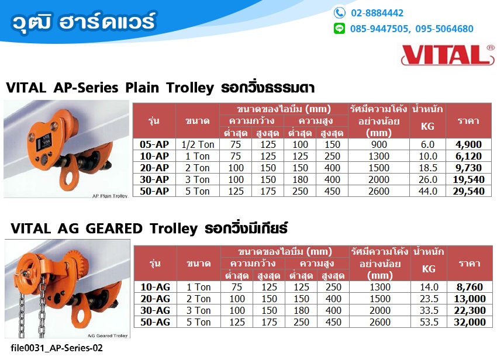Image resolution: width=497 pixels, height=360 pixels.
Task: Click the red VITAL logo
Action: pyautogui.click(x=447, y=55)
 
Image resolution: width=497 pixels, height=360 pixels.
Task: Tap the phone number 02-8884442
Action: pyautogui.click(x=377, y=13)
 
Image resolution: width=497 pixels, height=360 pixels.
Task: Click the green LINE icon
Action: pyautogui.click(x=340, y=29)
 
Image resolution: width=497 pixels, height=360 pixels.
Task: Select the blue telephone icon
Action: pyautogui.click(x=340, y=13)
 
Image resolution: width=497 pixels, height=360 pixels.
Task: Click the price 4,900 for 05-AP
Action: pyautogui.click(x=468, y=144)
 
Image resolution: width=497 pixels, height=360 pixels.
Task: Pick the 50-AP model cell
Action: pyautogui.click(x=154, y=192)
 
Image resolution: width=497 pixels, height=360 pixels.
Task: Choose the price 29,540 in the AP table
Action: pyautogui.click(x=468, y=192)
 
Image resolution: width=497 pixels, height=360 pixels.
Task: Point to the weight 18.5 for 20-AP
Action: pyautogui.click(x=427, y=168)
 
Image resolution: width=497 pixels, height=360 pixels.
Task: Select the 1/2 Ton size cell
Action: pyautogui.click(x=198, y=144)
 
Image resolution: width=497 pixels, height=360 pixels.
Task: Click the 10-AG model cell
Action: pyautogui.click(x=156, y=287)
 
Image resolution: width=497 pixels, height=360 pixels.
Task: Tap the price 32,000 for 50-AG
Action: pyautogui.click(x=470, y=322)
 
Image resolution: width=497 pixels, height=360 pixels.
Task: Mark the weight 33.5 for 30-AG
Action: pyautogui.click(x=429, y=310)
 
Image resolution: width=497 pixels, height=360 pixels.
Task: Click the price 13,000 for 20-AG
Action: pyautogui.click(x=470, y=299)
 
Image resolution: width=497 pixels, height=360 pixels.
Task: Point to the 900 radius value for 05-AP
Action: pyautogui.click(x=379, y=144)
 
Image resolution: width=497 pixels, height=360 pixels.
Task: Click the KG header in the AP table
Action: pyautogui.click(x=427, y=126)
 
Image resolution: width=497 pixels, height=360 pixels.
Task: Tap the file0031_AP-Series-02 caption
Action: pyautogui.click(x=57, y=348)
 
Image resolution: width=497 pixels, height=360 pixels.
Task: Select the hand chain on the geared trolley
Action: pyautogui.click(x=32, y=304)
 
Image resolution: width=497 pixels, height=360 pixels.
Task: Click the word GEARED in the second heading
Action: pyautogui.click(x=114, y=229)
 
